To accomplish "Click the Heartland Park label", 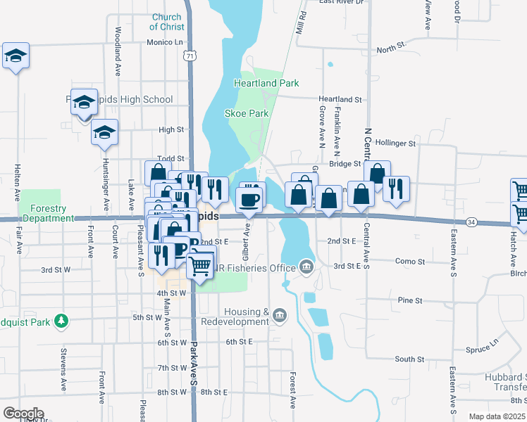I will pyautogui.click(x=266, y=83).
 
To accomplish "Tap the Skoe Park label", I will pyautogui.click(x=247, y=113).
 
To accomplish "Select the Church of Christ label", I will pyautogui.click(x=167, y=22).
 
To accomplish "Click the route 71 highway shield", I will pyautogui.click(x=186, y=56).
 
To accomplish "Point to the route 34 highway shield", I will pyautogui.click(x=471, y=222).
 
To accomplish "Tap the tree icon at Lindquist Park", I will pyautogui.click(x=62, y=321).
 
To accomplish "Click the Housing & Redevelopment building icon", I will pyautogui.click(x=280, y=314).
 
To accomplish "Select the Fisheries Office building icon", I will pyautogui.click(x=306, y=266).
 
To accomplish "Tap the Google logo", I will pyautogui.click(x=23, y=413).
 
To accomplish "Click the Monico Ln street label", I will pyautogui.click(x=165, y=42).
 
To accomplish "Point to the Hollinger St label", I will pyautogui.click(x=396, y=143).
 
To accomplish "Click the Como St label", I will pyautogui.click(x=410, y=261).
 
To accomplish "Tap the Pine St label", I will pyautogui.click(x=409, y=300).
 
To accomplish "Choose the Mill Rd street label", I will pyautogui.click(x=302, y=24).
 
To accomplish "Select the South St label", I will pyautogui.click(x=409, y=359).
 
